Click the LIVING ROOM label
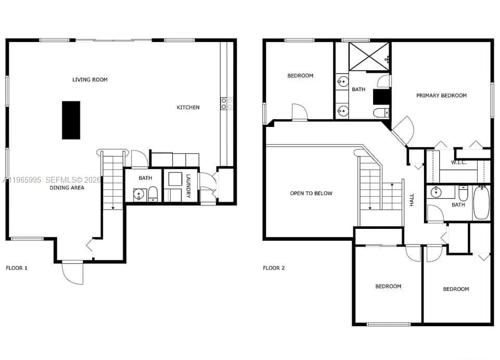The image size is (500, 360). [x=90, y=80]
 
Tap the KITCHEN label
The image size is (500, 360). [x=188, y=107]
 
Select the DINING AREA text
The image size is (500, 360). [x=67, y=188]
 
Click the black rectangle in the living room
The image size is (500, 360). [x=71, y=120]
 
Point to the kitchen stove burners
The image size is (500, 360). [x=227, y=103]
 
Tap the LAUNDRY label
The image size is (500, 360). [x=188, y=186]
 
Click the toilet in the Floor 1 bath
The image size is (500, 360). [x=153, y=195]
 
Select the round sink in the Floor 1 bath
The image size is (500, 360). [x=138, y=195]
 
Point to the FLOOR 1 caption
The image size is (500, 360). [x=17, y=268]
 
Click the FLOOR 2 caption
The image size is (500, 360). [x=274, y=268]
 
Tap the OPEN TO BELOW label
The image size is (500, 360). [x=311, y=194]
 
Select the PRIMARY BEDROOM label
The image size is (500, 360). [x=441, y=95]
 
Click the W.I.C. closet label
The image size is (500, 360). [x=458, y=162]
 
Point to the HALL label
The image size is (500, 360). [x=412, y=199]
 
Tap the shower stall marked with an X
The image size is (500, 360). [x=368, y=56]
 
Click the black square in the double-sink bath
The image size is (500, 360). [x=381, y=97]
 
